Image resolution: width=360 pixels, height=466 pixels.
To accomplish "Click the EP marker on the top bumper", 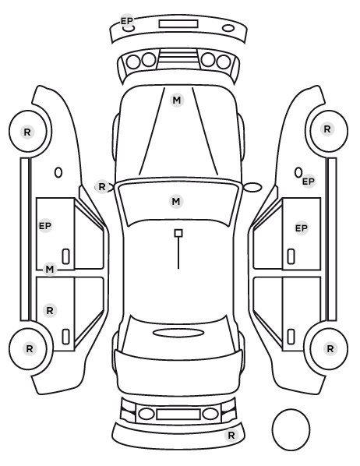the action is [x=127, y=21].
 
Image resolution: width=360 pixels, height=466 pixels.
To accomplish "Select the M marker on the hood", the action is [x=177, y=101].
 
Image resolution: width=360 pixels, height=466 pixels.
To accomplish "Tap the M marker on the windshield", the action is [x=176, y=202].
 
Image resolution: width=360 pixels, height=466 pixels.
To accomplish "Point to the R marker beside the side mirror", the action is [x=102, y=187].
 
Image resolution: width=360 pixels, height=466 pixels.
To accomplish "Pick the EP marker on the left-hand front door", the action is [x=45, y=226].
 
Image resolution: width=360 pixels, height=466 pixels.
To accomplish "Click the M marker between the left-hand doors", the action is [x=50, y=270].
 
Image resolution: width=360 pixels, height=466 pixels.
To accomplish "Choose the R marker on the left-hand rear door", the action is [x=50, y=311].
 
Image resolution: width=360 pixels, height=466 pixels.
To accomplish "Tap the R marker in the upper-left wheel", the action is [x=27, y=132].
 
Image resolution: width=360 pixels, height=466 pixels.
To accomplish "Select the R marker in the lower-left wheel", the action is [x=29, y=348].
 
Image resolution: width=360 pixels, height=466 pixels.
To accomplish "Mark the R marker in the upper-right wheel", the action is [x=327, y=129].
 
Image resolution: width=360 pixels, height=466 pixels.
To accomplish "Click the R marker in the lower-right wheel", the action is [x=330, y=348].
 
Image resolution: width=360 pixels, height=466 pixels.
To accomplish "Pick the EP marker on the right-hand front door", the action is [x=301, y=228].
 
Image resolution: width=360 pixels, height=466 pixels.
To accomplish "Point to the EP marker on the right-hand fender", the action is [x=309, y=182].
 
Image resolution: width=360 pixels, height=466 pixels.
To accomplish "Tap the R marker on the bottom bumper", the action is [x=231, y=436].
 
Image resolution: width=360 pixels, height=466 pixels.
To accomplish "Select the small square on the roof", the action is [x=178, y=233].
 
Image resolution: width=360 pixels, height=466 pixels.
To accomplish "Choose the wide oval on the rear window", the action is [x=178, y=333].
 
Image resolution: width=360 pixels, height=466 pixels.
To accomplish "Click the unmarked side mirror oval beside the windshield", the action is [x=252, y=187].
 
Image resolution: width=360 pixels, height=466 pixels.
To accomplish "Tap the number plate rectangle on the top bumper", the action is [x=178, y=24].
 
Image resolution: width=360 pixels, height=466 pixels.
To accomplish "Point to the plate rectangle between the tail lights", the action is [x=178, y=414].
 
